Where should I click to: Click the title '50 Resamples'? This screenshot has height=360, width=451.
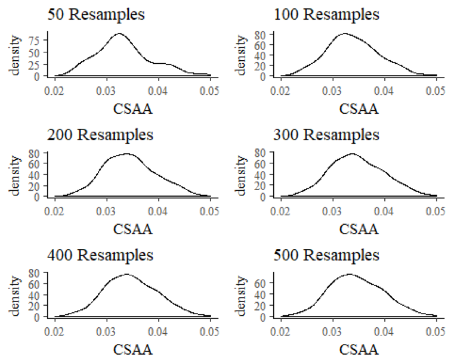pos(97,14)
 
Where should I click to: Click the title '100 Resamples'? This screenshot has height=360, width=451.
pos(326,14)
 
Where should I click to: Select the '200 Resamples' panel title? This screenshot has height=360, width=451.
pos(100,135)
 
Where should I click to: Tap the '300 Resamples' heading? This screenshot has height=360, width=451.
pos(326,135)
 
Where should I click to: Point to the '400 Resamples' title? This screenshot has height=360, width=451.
pos(100,255)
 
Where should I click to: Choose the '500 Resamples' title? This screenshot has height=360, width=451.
pos(326,255)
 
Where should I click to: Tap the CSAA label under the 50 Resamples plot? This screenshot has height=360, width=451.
pos(132,108)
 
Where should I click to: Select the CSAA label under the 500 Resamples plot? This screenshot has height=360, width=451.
pos(359,349)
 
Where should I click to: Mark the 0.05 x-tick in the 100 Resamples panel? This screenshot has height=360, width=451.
pos(437,91)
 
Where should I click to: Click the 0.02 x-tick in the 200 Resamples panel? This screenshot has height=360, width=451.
pos(55,211)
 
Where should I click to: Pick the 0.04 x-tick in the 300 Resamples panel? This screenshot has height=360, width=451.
pos(385,211)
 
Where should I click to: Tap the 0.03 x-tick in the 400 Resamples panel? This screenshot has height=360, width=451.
pos(107,331)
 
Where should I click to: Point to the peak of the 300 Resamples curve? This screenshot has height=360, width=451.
pos(352,154)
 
